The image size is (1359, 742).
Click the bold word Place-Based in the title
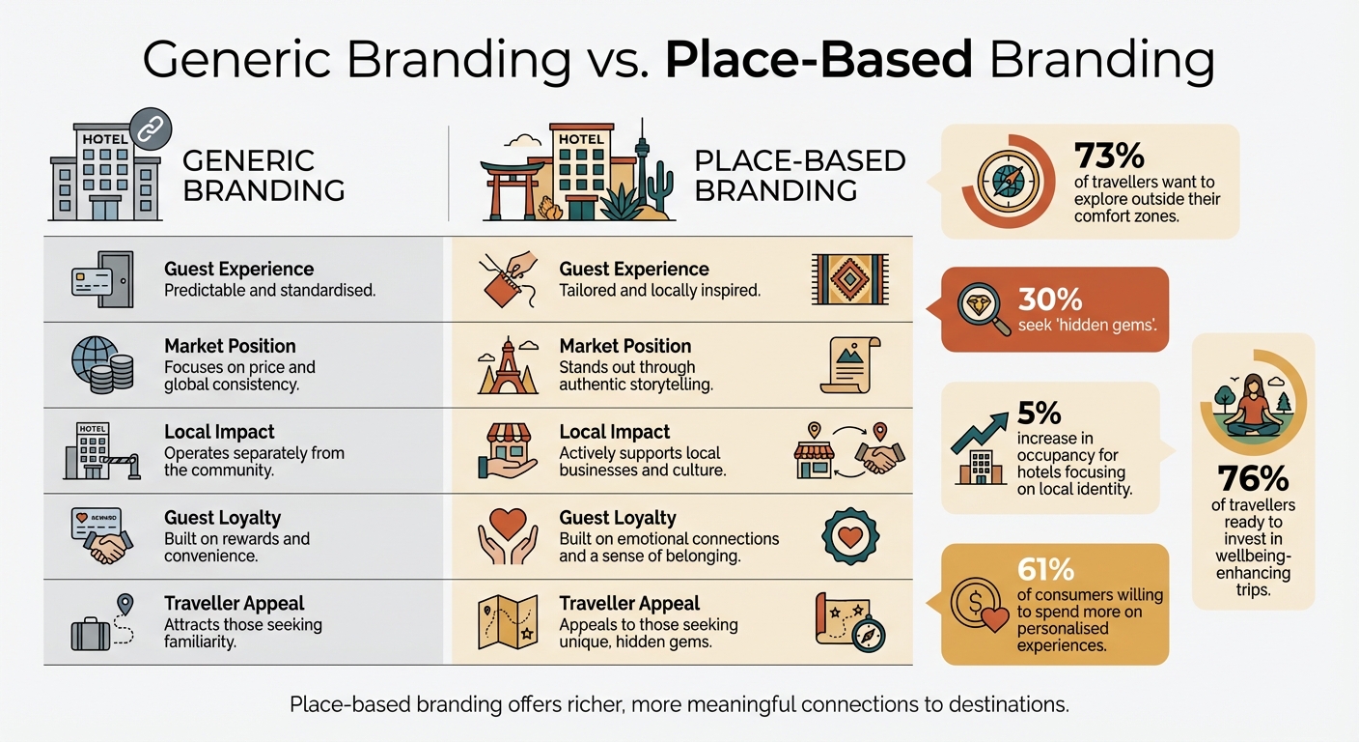click(x=818, y=60)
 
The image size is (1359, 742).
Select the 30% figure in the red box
click(x=1050, y=300)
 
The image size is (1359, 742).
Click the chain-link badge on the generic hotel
click(x=150, y=128)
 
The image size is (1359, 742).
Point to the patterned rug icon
click(x=850, y=279)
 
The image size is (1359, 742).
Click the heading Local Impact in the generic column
click(x=219, y=432)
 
